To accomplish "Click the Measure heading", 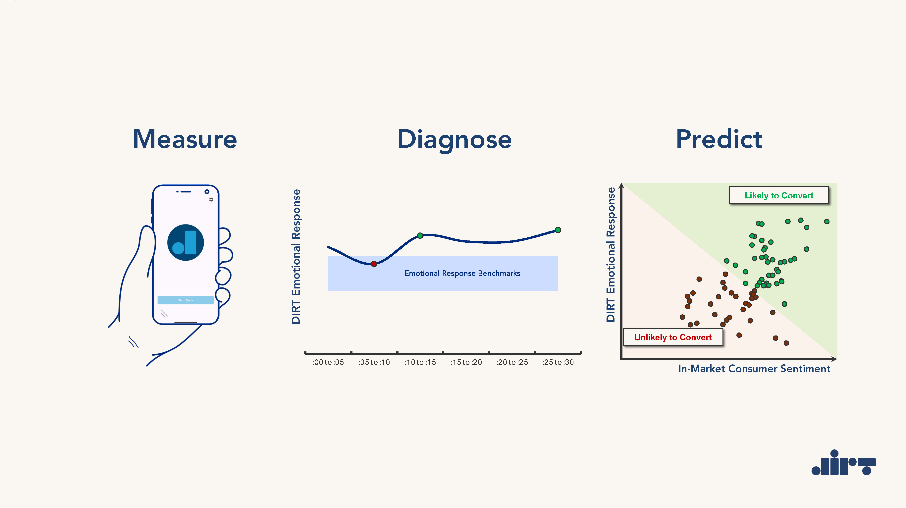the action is pos(185,139).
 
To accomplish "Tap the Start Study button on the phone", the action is pos(185,300).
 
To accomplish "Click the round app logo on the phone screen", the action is pos(185,243).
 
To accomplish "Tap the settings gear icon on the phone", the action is pos(211,199).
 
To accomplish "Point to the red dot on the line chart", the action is pos(374,264).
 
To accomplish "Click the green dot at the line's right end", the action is pos(558,230).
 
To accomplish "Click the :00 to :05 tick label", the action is pos(328,362).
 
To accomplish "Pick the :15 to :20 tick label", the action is pos(466,362).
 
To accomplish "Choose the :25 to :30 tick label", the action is pos(558,362).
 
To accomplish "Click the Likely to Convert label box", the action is pos(779,195).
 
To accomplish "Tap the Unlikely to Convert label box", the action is pos(673,337).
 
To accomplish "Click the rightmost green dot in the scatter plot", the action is pos(827,222).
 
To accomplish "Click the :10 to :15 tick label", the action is pos(420,362).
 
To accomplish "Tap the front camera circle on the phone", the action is pos(207,192).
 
